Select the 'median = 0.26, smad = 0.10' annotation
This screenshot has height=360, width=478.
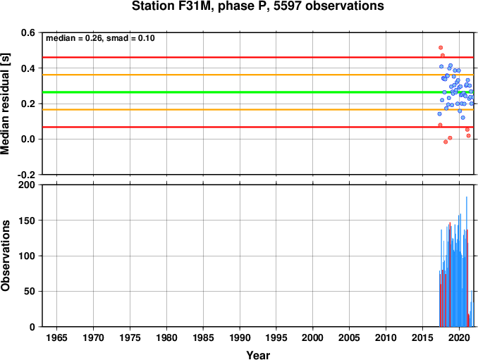click(x=100, y=38)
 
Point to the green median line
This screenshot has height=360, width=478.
click(x=258, y=92)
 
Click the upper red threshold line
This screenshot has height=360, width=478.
click(x=258, y=57)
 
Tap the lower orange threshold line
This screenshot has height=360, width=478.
click(x=258, y=110)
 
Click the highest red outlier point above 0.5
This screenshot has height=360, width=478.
click(x=441, y=47)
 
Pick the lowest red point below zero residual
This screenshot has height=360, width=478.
click(x=446, y=142)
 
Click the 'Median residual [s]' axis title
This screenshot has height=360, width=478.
click(x=5, y=104)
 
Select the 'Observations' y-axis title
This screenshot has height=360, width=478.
click(x=5, y=256)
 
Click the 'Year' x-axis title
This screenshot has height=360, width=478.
click(x=258, y=355)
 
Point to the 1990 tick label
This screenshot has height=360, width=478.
click(x=240, y=337)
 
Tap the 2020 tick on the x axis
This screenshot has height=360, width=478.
click(x=459, y=337)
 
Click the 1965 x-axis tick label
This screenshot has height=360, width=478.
click(x=56, y=337)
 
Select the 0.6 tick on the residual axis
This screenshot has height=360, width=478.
click(x=28, y=32)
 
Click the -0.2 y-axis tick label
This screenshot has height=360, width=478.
click(x=26, y=175)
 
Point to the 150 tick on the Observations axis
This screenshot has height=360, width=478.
click(x=27, y=221)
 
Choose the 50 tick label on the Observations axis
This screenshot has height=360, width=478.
click(x=30, y=292)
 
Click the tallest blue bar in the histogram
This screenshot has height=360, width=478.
click(x=467, y=261)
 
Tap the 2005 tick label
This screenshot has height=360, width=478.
click(x=350, y=337)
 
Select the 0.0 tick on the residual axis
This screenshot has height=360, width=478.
click(x=28, y=139)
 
